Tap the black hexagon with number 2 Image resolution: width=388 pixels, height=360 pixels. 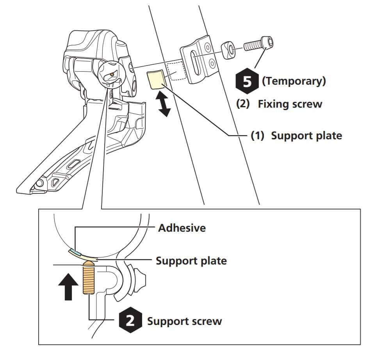click(129, 321)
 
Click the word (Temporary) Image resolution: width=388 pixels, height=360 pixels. click(294, 81)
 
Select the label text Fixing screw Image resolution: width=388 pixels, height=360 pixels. click(290, 104)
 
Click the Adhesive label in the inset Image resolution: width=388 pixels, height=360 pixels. click(182, 228)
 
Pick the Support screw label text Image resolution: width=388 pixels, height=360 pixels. click(184, 321)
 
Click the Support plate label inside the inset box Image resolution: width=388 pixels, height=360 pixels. click(191, 261)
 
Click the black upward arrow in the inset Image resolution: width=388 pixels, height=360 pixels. click(68, 286)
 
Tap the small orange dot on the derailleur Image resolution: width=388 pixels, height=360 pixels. click(111, 74)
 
